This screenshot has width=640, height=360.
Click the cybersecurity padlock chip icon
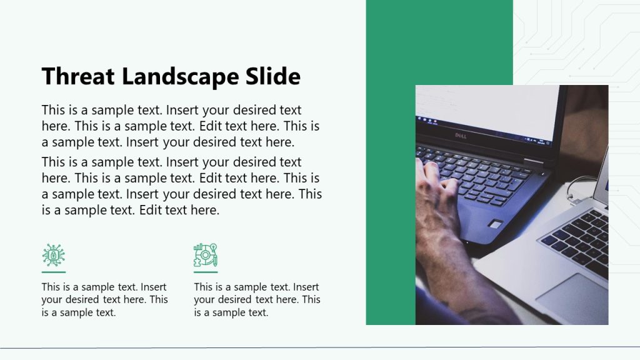54,255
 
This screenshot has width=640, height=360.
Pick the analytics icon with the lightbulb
205,255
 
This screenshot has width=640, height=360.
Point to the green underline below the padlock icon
54,272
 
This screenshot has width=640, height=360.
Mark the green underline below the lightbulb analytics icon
206,272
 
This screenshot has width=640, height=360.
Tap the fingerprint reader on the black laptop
495,224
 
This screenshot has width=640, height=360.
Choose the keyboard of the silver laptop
578,241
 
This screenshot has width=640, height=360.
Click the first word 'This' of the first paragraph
53,111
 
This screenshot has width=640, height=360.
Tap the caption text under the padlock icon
104,299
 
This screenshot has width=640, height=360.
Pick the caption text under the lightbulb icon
257,299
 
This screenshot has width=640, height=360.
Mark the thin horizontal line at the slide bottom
320,347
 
